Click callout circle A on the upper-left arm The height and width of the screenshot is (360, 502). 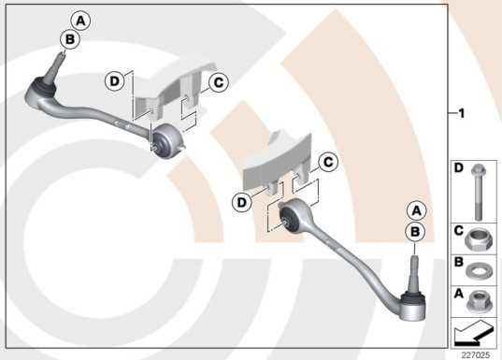click(80, 21)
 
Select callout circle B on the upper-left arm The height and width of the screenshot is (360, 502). click(69, 39)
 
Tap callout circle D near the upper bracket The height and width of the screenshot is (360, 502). click(115, 81)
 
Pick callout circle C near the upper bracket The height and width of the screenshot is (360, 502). click(219, 82)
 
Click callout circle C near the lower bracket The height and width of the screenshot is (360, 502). click(328, 162)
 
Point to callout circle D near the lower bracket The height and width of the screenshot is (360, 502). click(242, 202)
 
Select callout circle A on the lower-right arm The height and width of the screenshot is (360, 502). click(417, 211)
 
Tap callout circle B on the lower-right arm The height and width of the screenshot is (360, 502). click(415, 232)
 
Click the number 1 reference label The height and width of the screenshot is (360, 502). click(462, 113)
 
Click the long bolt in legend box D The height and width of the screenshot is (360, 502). click(478, 193)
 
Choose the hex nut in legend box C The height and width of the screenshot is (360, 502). click(476, 240)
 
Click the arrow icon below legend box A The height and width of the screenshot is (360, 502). click(474, 334)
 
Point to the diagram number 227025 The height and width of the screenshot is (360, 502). click(476, 355)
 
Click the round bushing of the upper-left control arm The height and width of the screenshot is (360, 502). click(167, 140)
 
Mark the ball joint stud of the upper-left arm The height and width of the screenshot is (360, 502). click(55, 67)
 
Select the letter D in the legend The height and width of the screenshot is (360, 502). click(459, 167)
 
